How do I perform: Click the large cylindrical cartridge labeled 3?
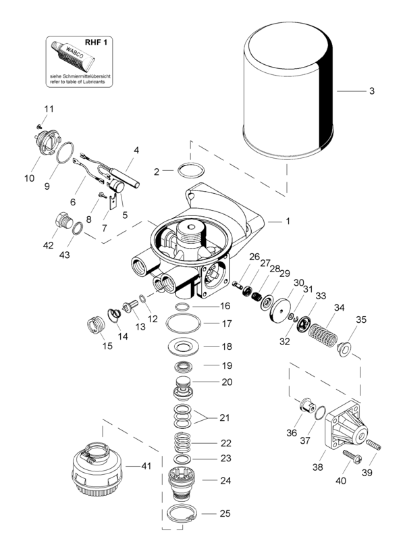tap(288, 91)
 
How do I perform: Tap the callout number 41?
tap(146, 466)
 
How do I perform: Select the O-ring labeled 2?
tap(191, 170)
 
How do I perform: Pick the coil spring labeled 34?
tap(323, 335)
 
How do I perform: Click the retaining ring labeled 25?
tap(182, 513)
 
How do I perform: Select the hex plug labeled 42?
tap(64, 221)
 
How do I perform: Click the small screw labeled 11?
tap(40, 126)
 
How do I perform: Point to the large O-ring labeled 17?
tap(184, 323)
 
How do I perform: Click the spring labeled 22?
tap(182, 443)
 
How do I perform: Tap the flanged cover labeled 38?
tap(346, 426)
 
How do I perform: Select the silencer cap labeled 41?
tap(97, 467)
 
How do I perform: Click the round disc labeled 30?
tap(280, 311)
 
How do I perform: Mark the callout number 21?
tap(224, 417)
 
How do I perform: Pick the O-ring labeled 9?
tap(65, 153)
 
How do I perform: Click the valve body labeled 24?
tap(182, 482)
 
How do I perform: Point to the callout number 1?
tap(288, 221)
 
